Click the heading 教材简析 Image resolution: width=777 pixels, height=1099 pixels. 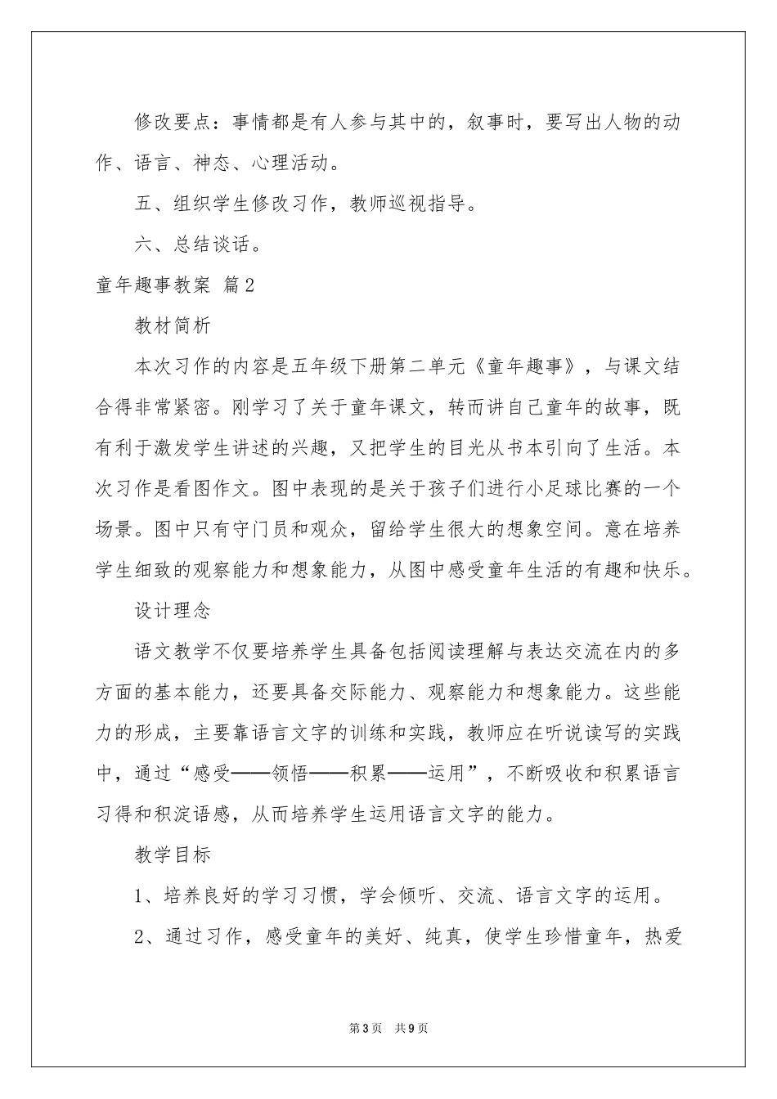click(173, 325)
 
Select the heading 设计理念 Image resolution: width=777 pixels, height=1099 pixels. click(173, 610)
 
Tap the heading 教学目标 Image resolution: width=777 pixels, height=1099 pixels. click(173, 855)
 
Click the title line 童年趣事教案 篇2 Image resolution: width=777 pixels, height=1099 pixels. click(176, 285)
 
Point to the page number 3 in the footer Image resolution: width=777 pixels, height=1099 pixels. click(365, 1028)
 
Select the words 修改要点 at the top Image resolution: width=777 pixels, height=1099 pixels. click(173, 123)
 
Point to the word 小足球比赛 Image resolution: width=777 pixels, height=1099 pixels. click(546, 488)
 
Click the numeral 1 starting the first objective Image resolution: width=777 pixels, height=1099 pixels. click(140, 895)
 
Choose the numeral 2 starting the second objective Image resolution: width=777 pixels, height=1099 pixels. click(140, 936)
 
